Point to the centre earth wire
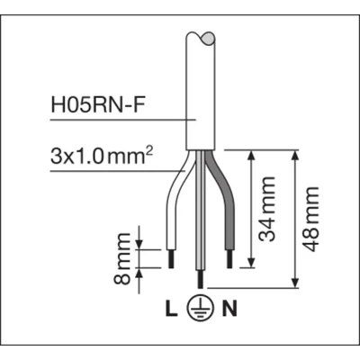click(198, 216)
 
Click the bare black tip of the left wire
click(173, 258)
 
